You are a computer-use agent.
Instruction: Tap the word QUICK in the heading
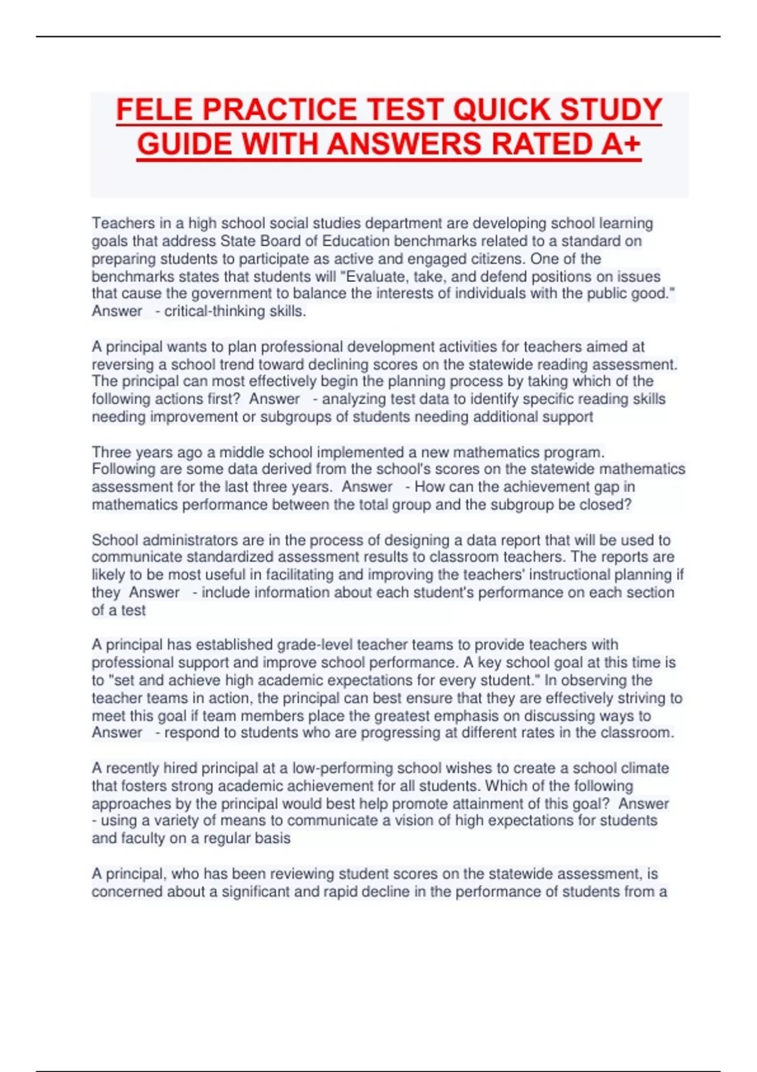point(502,110)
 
